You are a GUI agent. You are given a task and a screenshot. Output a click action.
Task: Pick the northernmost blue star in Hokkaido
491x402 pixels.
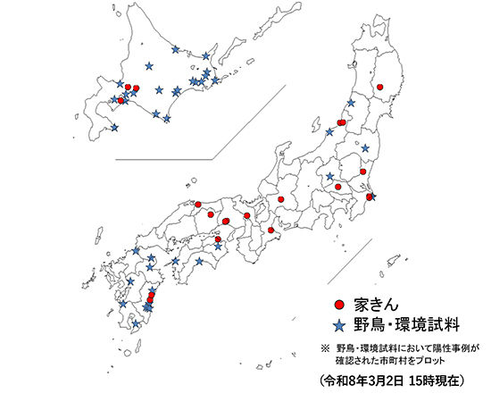176,49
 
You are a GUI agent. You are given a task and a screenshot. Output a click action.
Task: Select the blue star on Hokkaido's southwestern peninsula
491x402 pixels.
113,127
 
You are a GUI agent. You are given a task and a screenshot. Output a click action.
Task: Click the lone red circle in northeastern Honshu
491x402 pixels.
380,87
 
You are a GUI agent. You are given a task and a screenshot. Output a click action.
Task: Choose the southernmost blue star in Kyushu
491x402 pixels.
136,323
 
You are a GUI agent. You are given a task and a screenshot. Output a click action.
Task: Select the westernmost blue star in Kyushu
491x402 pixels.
122,304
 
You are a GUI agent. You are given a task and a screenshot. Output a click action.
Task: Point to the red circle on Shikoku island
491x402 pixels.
219,240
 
